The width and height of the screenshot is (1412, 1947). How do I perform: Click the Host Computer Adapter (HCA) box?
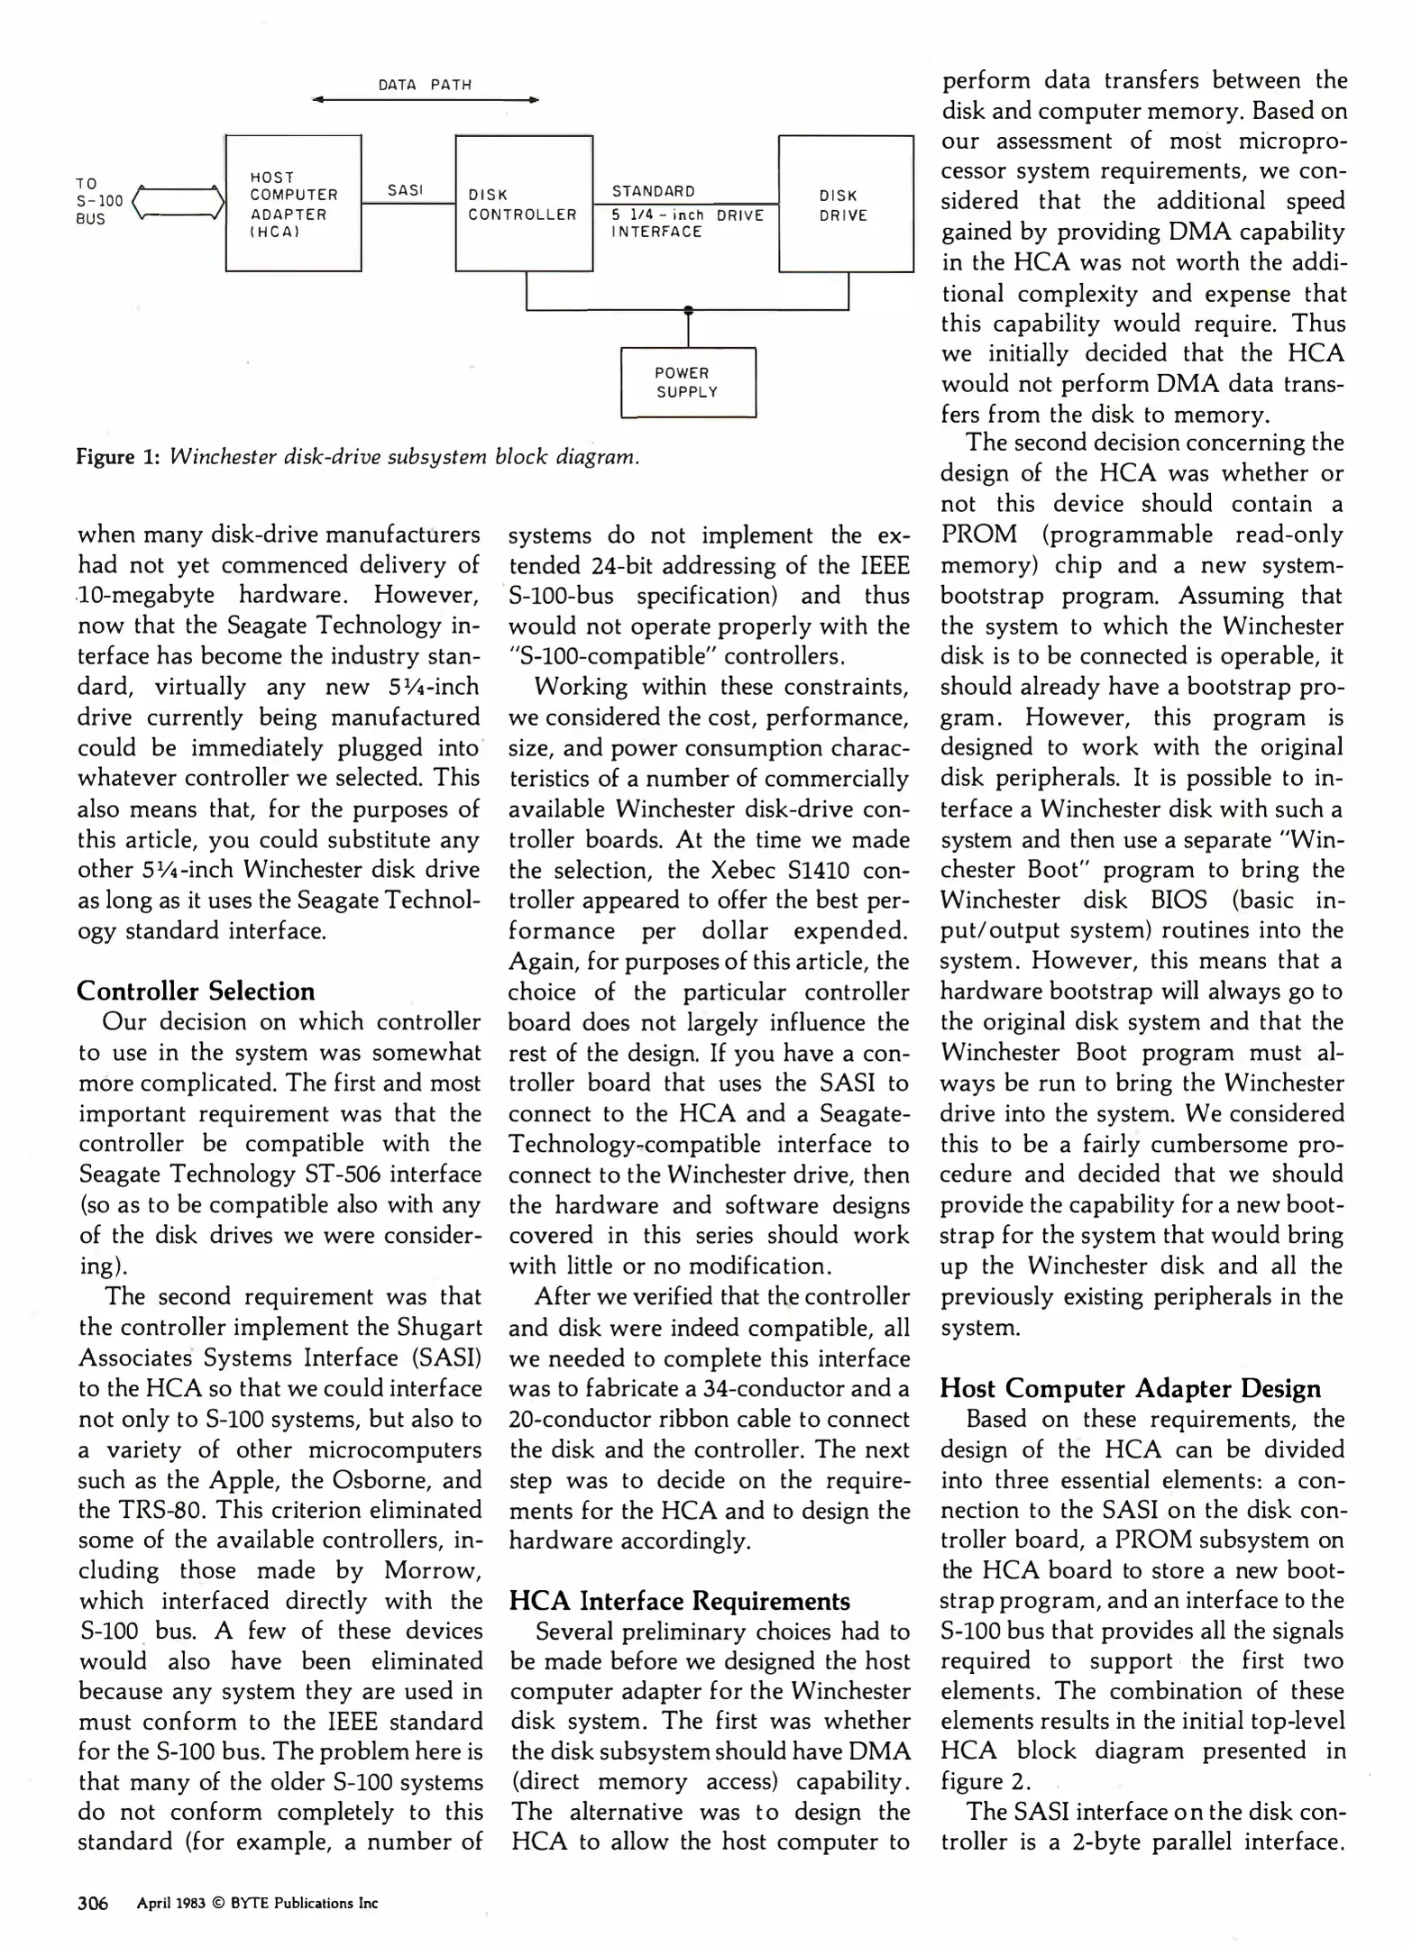(293, 203)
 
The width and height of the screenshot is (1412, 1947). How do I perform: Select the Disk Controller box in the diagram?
(523, 203)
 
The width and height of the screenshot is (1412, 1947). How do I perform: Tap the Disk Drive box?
(845, 204)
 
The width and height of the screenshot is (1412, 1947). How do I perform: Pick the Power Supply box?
(688, 382)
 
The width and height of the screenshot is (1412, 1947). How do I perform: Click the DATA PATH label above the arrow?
(425, 85)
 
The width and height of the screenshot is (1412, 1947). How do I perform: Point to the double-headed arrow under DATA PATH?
(425, 100)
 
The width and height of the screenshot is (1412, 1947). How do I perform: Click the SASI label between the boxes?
(405, 190)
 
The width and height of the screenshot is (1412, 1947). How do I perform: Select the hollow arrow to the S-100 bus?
(179, 202)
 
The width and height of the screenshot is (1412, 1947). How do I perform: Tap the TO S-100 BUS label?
(97, 201)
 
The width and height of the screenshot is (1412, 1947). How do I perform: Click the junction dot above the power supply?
(688, 310)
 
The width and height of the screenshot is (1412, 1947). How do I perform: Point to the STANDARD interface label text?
(654, 191)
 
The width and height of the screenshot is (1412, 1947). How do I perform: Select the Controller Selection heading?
(196, 991)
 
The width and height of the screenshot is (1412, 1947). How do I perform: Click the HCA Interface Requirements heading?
(679, 1601)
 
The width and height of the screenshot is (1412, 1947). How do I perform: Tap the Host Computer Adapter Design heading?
(1130, 1388)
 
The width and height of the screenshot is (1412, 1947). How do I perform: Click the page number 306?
(93, 1903)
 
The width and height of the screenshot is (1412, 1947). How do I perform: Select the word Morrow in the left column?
(432, 1570)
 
